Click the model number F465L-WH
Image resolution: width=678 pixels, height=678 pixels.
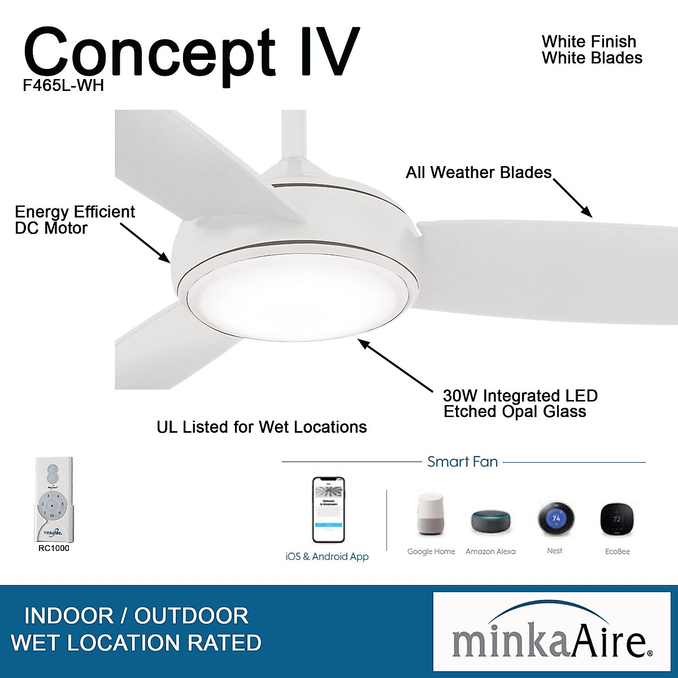[63, 85]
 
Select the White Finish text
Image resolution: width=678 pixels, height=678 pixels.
[589, 42]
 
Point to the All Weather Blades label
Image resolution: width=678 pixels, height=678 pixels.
[478, 172]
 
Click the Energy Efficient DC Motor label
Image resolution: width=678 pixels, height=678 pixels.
[75, 220]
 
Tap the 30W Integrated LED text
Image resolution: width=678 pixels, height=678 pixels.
[520, 395]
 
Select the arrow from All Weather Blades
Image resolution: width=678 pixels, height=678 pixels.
[572, 198]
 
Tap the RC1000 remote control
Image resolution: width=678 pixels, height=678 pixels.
[54, 499]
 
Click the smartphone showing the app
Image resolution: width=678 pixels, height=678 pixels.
[328, 510]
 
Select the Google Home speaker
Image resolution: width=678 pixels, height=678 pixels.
[431, 514]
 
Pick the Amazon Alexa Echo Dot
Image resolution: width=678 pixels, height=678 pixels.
[490, 521]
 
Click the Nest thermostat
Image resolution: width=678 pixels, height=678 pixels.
[555, 518]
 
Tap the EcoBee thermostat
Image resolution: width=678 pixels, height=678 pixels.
[616, 519]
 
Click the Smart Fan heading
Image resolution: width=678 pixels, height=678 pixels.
[462, 462]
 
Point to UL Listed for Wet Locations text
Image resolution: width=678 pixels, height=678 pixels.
[262, 427]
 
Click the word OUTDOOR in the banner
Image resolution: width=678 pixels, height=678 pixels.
[191, 616]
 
